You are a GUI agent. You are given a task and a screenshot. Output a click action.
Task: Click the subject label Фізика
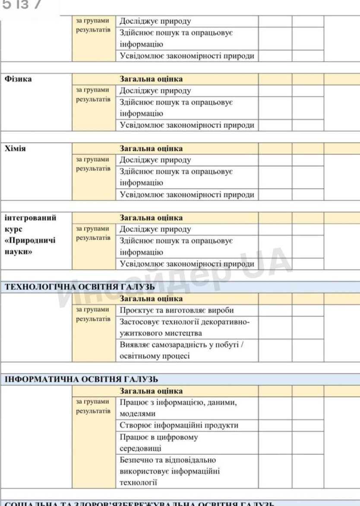[18, 79]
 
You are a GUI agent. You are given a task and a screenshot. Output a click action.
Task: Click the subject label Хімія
[16, 148]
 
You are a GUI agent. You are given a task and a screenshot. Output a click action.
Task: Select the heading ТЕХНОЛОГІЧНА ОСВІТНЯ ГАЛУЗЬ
[80, 287]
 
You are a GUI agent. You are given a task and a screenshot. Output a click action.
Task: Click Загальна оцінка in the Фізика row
[151, 79]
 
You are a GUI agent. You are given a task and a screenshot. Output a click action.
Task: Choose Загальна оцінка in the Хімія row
[151, 148]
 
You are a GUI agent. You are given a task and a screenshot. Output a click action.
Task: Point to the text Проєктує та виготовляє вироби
[177, 310]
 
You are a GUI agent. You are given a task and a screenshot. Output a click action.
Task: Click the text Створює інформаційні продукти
[179, 425]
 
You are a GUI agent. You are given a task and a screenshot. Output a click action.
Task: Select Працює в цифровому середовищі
[159, 443]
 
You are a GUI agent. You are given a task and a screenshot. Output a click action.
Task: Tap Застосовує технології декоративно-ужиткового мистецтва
[185, 327]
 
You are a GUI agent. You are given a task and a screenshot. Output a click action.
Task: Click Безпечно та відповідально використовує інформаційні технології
[170, 471]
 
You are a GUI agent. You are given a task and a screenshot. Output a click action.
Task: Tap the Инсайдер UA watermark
[173, 280]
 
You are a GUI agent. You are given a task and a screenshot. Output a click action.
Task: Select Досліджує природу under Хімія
[155, 160]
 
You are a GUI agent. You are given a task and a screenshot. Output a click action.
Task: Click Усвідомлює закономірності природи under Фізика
[187, 126]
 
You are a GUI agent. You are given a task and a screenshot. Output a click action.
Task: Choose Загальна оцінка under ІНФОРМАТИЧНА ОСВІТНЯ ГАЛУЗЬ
[151, 391]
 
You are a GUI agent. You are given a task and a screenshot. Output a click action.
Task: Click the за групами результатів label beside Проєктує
[93, 314]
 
